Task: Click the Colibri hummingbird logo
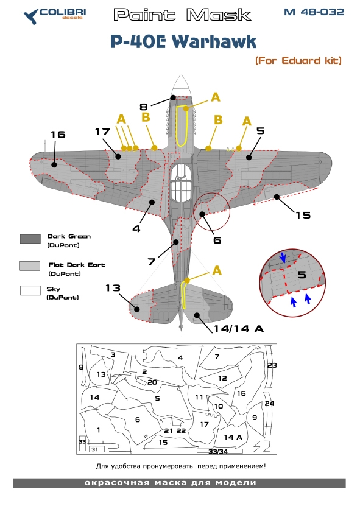point(30,16)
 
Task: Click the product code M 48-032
point(314,12)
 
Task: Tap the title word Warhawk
point(214,41)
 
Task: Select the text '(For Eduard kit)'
point(298,61)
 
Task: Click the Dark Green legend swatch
point(30,239)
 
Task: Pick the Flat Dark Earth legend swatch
point(30,266)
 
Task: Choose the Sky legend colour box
point(30,290)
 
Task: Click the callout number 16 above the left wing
point(58,135)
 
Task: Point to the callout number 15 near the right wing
point(303,215)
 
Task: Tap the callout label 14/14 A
point(239,329)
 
